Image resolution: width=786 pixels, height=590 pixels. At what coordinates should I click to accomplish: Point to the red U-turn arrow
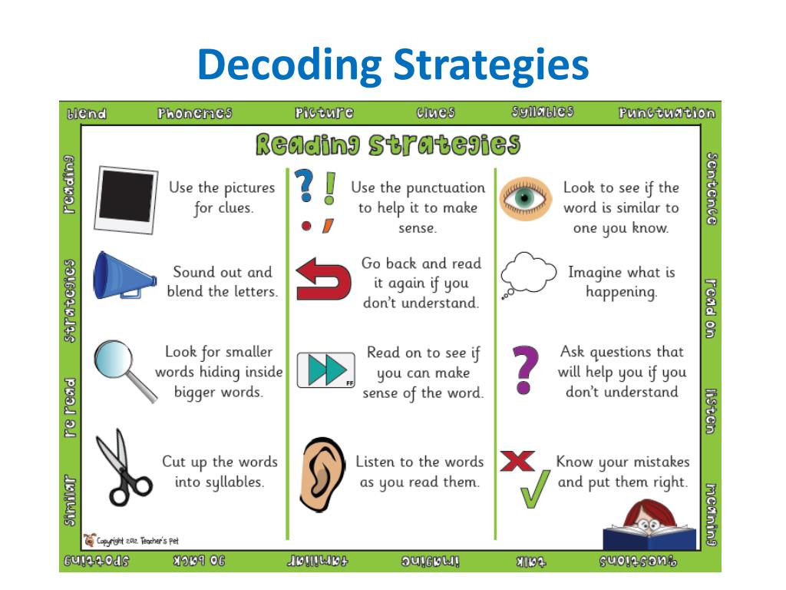click(322, 281)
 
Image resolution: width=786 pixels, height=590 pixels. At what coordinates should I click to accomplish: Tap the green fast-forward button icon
click(325, 370)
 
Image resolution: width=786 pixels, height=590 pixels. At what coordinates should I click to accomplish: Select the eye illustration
click(527, 198)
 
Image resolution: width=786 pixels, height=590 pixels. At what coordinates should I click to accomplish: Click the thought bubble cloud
click(527, 273)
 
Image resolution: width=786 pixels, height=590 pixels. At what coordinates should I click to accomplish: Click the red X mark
click(517, 461)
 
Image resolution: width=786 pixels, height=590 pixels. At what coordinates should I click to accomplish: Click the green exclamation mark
click(330, 187)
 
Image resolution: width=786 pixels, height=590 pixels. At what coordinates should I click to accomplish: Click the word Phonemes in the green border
click(194, 114)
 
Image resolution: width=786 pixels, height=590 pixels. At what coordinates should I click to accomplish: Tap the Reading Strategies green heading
click(388, 145)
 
